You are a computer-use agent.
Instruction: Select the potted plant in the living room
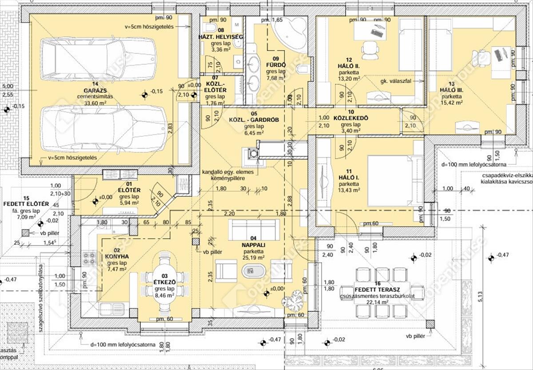294,303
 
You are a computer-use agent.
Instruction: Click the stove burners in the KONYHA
89,258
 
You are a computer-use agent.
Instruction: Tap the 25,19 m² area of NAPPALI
253,257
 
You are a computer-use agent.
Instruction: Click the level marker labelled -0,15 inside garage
145,94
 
